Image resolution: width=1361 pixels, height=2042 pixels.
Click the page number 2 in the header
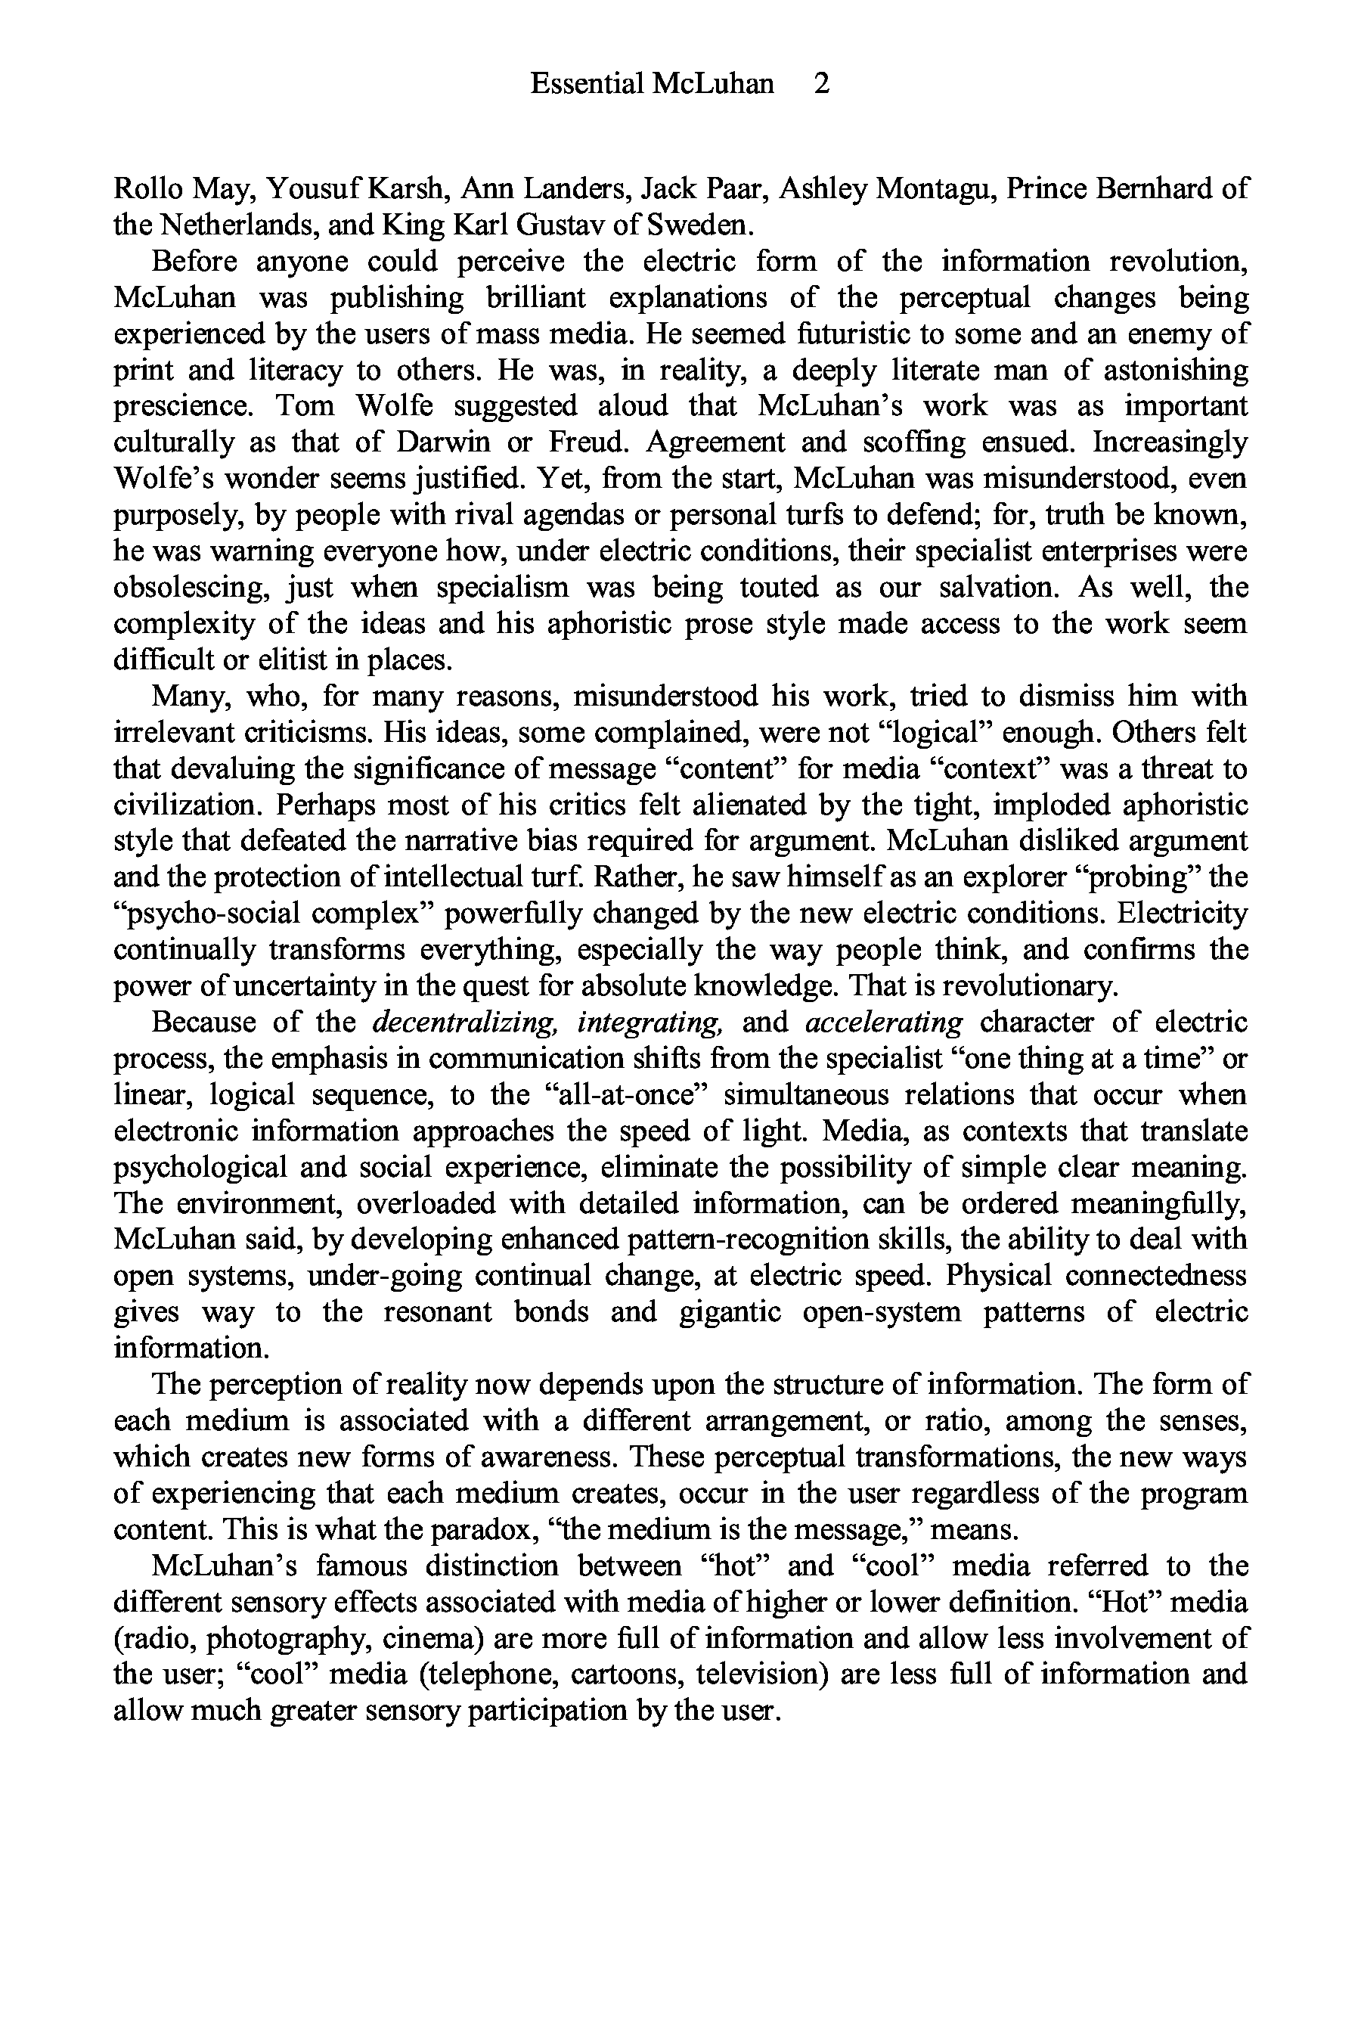click(821, 83)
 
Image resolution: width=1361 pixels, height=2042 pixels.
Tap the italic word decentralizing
click(464, 1023)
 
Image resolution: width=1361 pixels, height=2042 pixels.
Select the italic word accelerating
click(884, 1023)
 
